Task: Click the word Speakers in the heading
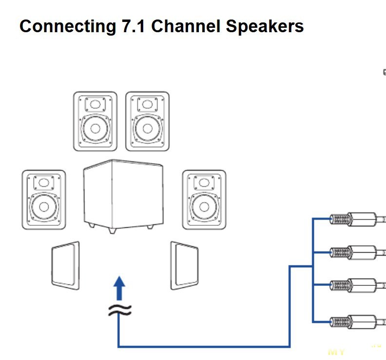[x=265, y=26]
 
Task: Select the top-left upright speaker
[x=96, y=121]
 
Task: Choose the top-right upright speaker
[x=147, y=121]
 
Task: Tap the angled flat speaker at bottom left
[x=65, y=265]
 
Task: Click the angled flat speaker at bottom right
[x=184, y=265]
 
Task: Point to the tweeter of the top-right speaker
[x=147, y=104]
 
